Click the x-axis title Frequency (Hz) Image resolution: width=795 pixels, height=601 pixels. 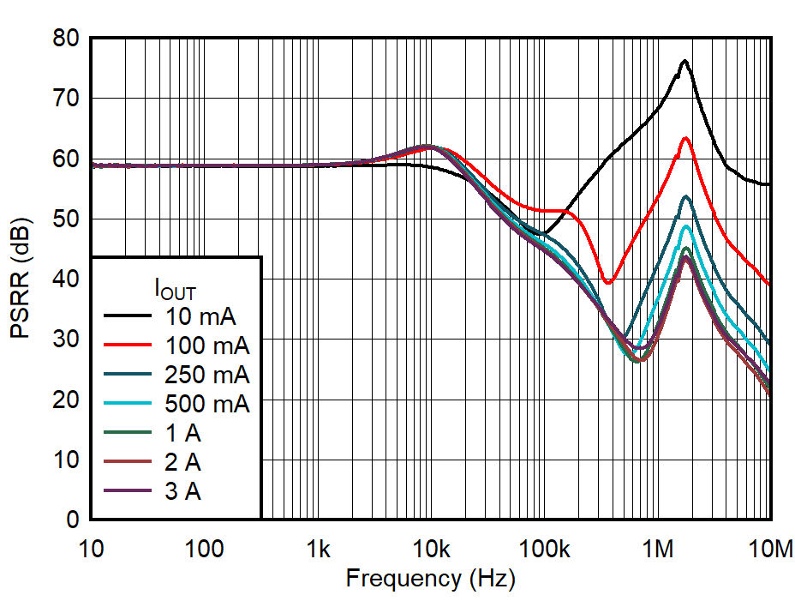coord(430,579)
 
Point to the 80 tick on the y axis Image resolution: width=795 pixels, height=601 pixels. coord(67,39)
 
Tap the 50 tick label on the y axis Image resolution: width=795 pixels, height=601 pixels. coord(67,219)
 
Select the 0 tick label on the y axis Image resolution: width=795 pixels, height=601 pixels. coord(73,520)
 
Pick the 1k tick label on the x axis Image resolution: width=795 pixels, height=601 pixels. coord(318,547)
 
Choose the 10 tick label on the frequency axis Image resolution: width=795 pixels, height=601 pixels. coord(91,547)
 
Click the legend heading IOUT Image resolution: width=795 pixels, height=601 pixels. coord(175,289)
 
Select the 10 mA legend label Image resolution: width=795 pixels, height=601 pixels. coord(200,317)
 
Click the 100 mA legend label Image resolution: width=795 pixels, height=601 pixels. coord(206,346)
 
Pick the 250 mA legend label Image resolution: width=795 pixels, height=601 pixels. coord(206,376)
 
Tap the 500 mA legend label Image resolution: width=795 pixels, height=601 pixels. coord(206,405)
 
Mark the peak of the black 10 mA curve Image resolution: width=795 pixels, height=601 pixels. coord(684,61)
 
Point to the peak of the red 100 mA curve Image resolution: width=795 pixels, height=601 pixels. coord(685,138)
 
